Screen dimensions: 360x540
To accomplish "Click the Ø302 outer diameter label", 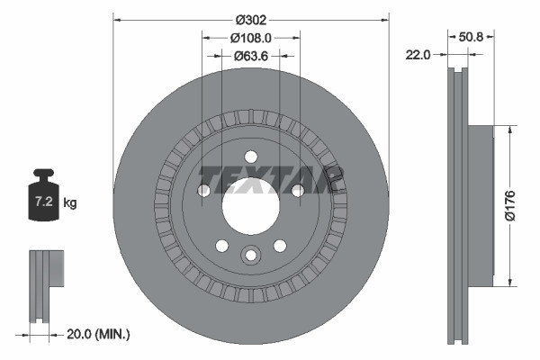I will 251,18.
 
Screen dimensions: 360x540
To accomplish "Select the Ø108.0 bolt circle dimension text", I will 251,38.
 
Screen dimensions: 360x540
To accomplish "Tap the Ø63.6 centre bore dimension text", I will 251,56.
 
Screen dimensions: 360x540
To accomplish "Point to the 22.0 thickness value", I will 417,55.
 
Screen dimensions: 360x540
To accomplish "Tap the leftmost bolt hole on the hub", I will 203,190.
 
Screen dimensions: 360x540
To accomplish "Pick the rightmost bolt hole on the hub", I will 297,190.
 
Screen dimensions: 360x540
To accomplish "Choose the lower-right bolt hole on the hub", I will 280,244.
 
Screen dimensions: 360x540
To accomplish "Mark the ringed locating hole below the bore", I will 250,255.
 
